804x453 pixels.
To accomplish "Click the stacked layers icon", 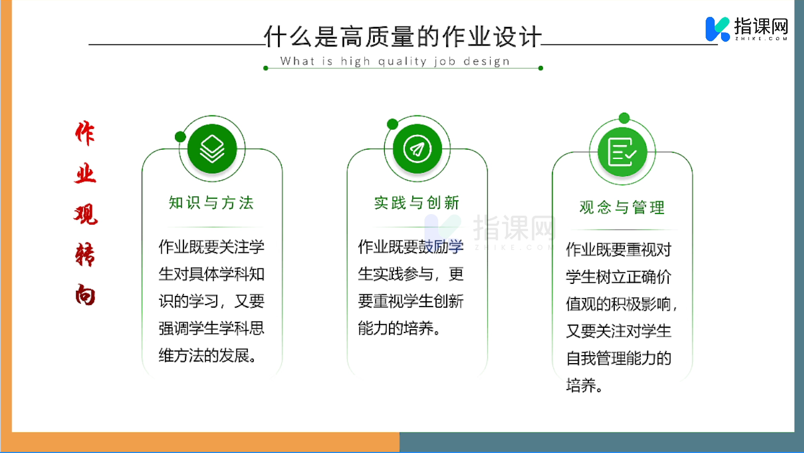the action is click(212, 149).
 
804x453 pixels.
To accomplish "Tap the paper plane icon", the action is click(417, 149).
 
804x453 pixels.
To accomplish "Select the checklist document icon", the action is click(622, 152).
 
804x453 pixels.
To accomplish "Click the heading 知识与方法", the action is click(211, 203).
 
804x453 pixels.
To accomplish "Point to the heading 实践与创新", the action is click(417, 203).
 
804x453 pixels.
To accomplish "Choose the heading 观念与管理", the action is click(622, 207).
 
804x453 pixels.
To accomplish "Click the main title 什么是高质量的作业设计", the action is click(403, 36).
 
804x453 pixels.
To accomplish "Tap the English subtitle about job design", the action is click(395, 61).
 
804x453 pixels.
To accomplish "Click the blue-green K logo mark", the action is click(717, 29).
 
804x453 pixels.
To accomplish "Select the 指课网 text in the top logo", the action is click(761, 26).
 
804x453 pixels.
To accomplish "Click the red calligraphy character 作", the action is click(85, 133).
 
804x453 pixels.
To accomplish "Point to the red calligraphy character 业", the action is click(86, 174).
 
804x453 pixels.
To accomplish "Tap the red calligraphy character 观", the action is click(86, 214).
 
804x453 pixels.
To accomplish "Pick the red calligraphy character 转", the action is click(85, 255).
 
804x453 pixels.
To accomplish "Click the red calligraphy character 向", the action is click(85, 295).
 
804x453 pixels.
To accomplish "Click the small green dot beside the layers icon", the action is click(180, 137).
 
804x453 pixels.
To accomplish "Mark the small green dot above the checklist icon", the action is click(624, 118).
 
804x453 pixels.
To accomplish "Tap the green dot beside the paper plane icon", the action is click(392, 124).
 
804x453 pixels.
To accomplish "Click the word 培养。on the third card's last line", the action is click(584, 385).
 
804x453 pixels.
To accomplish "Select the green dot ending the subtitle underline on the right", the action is click(541, 68).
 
